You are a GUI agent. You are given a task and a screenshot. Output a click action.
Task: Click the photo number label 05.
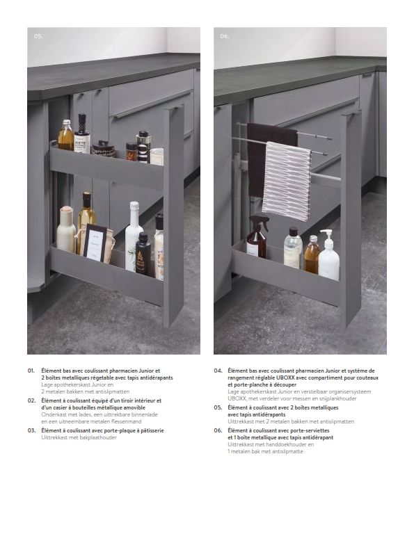click(38, 36)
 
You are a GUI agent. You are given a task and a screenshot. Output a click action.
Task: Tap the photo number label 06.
click(225, 36)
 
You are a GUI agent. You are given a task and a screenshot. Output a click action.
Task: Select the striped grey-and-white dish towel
click(286, 180)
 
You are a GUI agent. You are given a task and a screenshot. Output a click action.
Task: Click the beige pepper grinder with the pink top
click(66, 229)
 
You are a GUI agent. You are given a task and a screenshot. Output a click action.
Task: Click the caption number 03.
click(31, 430)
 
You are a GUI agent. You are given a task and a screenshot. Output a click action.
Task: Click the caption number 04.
click(218, 371)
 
